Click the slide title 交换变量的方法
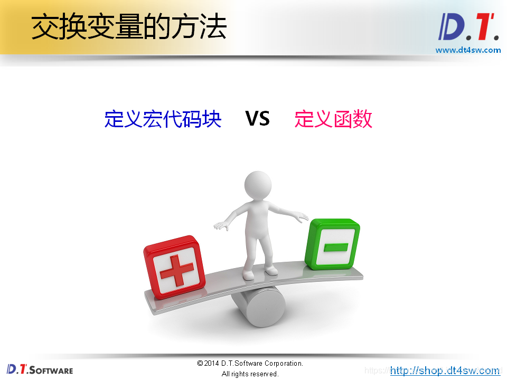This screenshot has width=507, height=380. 129,27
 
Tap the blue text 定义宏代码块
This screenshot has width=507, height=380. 163,119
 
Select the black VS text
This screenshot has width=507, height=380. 258,119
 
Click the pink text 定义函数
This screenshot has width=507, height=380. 333,119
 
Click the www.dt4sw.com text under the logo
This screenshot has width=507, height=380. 468,50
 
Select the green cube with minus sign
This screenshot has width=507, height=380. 332,244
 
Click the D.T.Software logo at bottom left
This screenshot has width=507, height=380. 40,369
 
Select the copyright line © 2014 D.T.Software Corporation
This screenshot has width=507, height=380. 250,363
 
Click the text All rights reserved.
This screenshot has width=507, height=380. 250,374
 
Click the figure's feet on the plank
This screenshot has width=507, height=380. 259,272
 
